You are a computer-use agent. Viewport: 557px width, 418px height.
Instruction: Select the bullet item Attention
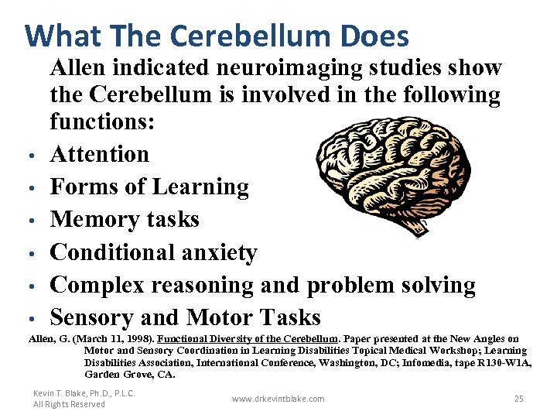point(100,154)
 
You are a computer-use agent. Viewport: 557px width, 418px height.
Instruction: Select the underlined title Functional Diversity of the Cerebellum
point(248,339)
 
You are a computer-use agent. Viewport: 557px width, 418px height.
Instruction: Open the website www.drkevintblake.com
point(278,399)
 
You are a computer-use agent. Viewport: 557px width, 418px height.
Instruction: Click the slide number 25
point(519,399)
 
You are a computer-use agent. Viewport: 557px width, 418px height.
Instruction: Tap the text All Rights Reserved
point(69,404)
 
